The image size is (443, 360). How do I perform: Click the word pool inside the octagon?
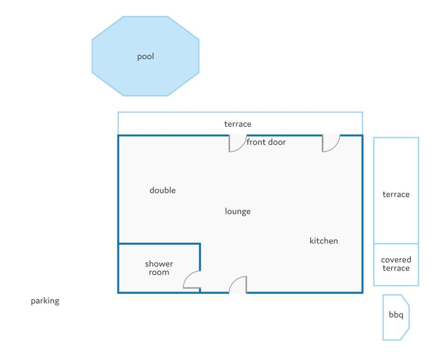pos(146,57)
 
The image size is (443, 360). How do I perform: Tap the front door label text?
pos(266,142)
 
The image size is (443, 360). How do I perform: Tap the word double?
pos(162,190)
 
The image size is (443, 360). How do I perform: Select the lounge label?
pos(237,211)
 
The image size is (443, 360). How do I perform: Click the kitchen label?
pos(324,241)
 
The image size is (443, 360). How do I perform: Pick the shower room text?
pos(159,268)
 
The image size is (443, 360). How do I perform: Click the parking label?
pos(45,301)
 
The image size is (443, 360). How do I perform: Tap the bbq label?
pos(396,315)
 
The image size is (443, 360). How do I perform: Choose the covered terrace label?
pos(396,264)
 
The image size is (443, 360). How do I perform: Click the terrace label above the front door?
pos(237,124)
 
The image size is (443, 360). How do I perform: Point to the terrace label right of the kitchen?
pos(396,194)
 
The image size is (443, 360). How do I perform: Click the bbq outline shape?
pos(383,317)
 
